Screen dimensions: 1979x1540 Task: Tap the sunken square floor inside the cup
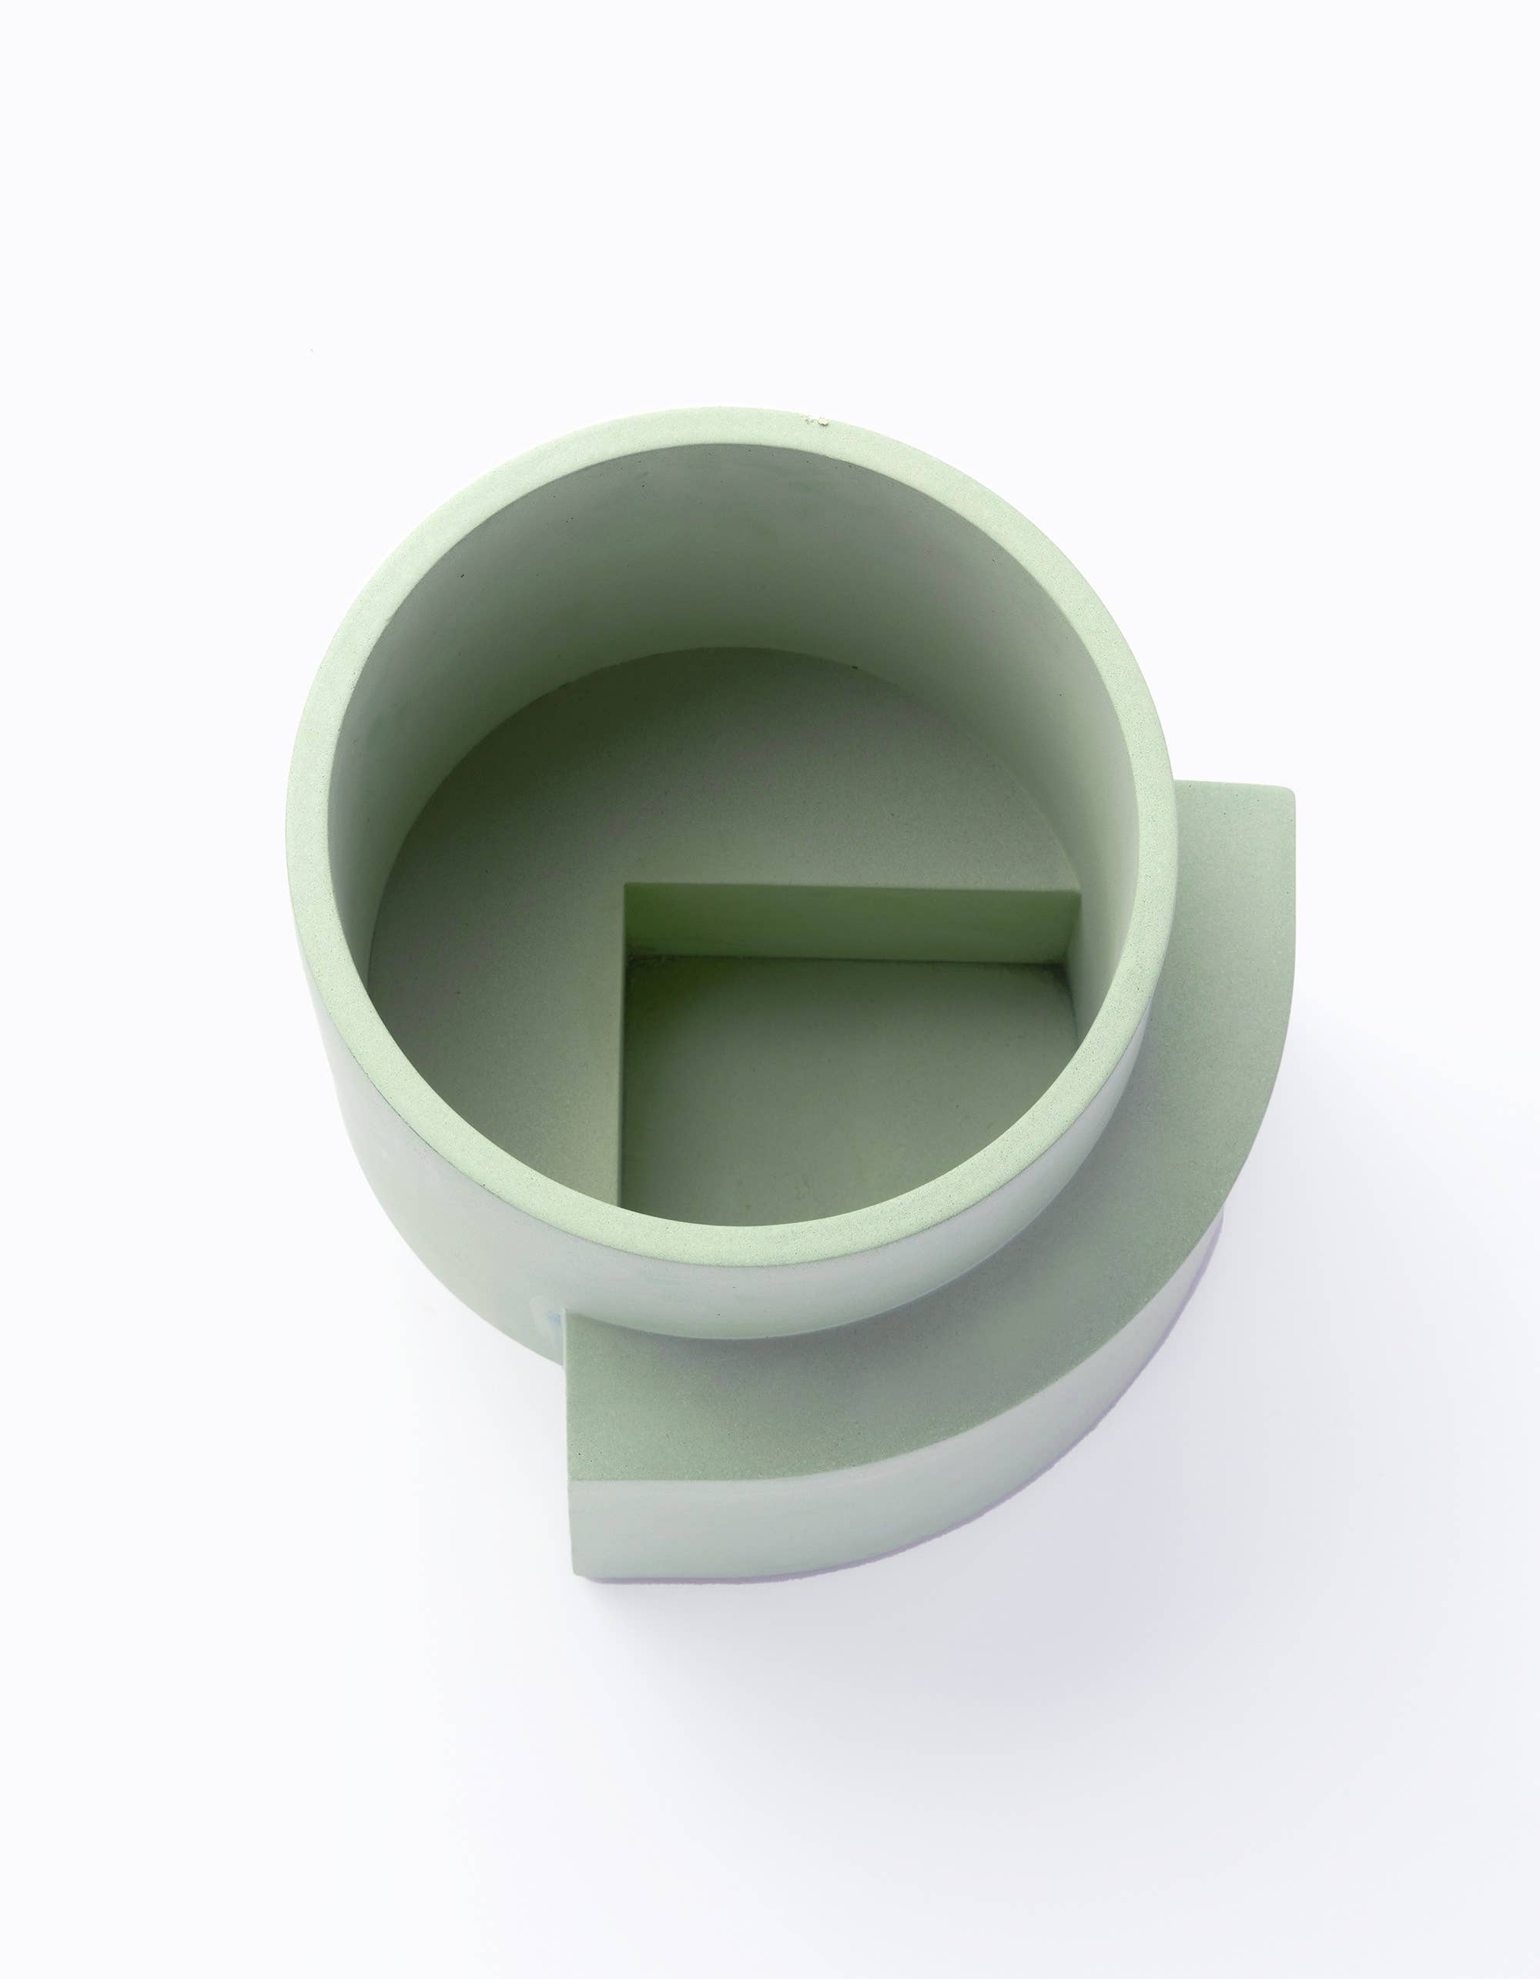click(815, 1096)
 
